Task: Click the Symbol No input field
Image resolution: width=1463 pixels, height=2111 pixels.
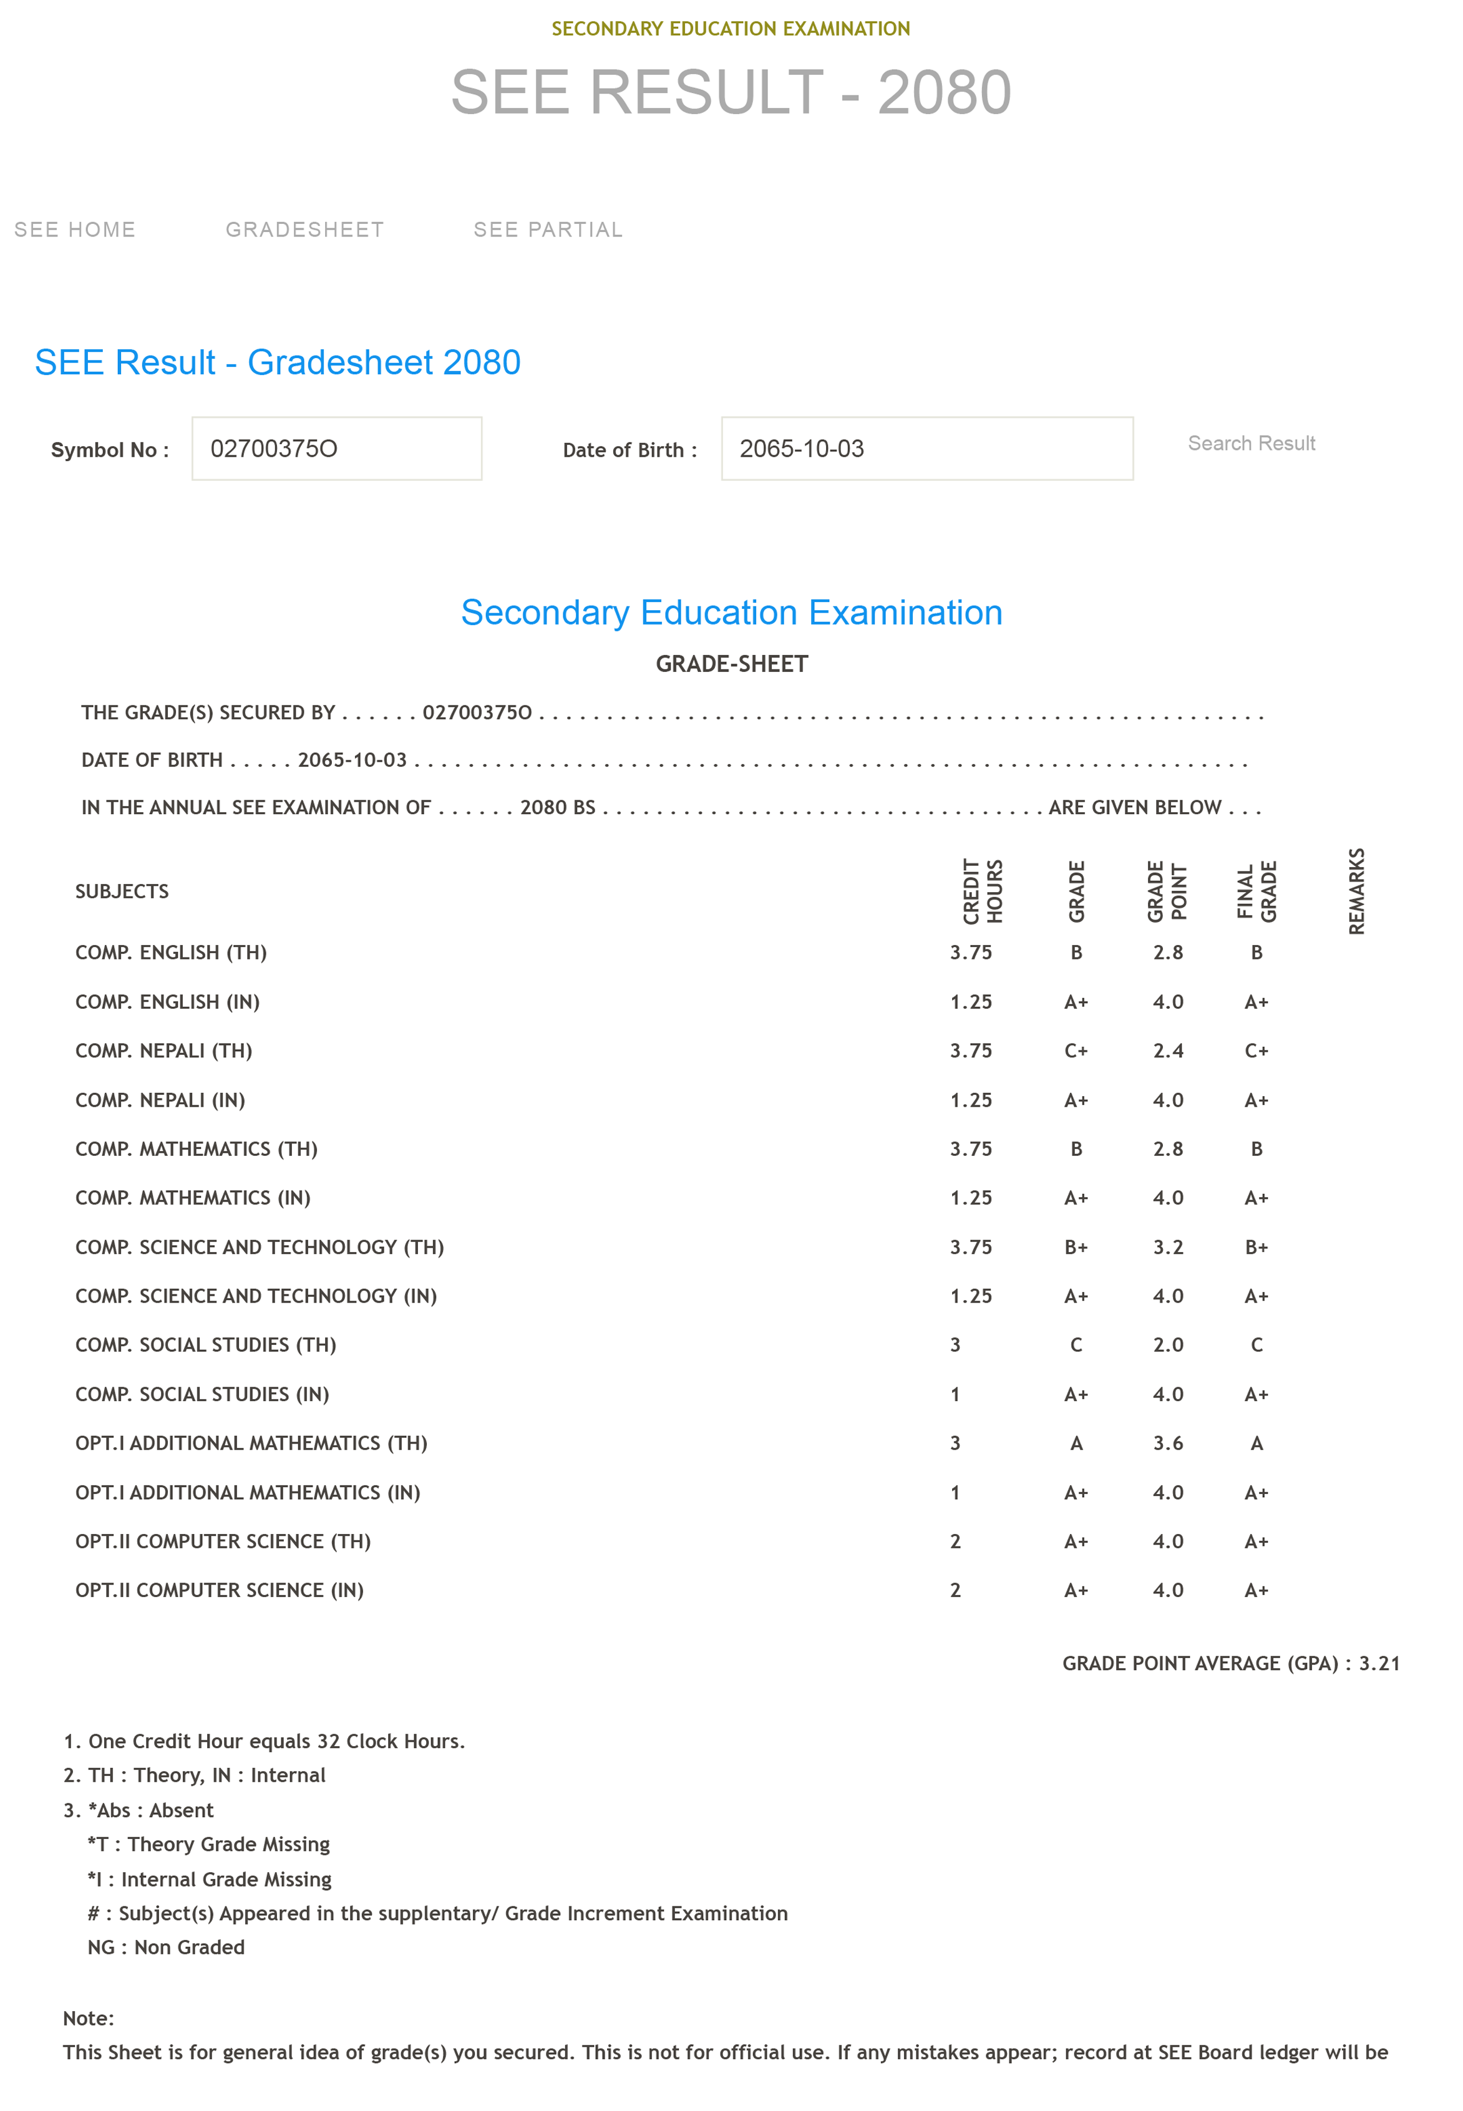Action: pos(336,449)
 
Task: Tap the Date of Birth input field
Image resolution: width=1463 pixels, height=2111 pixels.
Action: pos(926,449)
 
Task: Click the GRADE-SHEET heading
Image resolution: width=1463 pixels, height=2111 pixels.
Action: pos(731,664)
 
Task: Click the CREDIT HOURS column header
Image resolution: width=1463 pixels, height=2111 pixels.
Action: pos(983,891)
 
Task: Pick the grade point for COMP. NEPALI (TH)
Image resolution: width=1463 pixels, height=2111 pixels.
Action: pos(1168,1051)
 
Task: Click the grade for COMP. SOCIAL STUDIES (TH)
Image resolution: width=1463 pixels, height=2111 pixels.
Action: pos(1076,1345)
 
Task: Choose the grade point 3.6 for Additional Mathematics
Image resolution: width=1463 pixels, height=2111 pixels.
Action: pos(1168,1443)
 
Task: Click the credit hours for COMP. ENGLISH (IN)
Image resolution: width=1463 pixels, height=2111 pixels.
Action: pos(971,1002)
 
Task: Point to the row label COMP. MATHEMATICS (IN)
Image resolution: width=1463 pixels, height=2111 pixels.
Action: pos(193,1197)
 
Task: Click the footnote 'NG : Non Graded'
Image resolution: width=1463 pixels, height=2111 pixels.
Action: pos(166,1947)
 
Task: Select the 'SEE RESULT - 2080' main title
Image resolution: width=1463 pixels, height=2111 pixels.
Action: pos(731,92)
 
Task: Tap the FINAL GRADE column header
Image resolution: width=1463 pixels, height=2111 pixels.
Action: pos(1256,891)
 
